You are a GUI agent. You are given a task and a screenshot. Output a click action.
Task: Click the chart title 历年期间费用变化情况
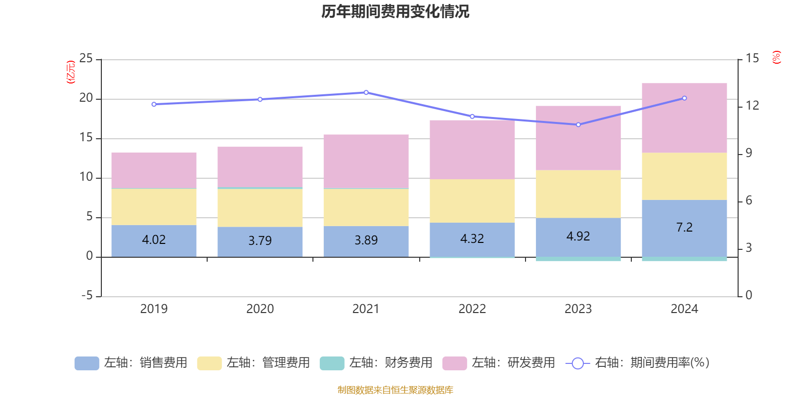(x=395, y=12)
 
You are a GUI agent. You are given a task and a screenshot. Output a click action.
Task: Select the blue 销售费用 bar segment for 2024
(x=684, y=229)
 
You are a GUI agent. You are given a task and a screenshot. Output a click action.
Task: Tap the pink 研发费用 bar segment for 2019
(x=154, y=170)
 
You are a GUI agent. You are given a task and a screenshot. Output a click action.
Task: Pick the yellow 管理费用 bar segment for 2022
(x=472, y=200)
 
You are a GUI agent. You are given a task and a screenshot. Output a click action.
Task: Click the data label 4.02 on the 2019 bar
(x=154, y=240)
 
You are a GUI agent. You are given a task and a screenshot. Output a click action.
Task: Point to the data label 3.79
(x=260, y=241)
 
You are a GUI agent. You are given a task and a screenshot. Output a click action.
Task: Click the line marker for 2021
(x=366, y=92)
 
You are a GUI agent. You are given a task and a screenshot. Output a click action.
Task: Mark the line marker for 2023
(x=578, y=124)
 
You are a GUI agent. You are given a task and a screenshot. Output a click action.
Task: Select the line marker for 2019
(x=154, y=104)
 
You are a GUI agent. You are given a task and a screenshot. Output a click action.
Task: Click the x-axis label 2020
(x=260, y=309)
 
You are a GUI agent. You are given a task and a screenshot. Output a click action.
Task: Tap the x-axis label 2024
(x=684, y=309)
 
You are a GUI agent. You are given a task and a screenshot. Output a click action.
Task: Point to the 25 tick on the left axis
(x=86, y=58)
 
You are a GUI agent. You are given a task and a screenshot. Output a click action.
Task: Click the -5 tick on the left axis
(x=87, y=296)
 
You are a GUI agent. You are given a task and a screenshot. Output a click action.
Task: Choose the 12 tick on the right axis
(x=752, y=106)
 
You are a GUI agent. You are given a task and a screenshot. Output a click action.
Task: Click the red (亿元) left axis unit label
(x=71, y=72)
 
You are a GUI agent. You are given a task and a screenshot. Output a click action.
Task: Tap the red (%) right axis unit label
(x=776, y=57)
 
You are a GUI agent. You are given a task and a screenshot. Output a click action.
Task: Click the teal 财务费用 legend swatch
(x=332, y=363)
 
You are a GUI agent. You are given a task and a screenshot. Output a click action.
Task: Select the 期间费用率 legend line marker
(x=578, y=363)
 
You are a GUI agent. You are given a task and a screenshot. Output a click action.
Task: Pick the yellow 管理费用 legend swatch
(x=210, y=363)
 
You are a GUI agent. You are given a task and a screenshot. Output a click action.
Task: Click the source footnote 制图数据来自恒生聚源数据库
(x=395, y=390)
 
